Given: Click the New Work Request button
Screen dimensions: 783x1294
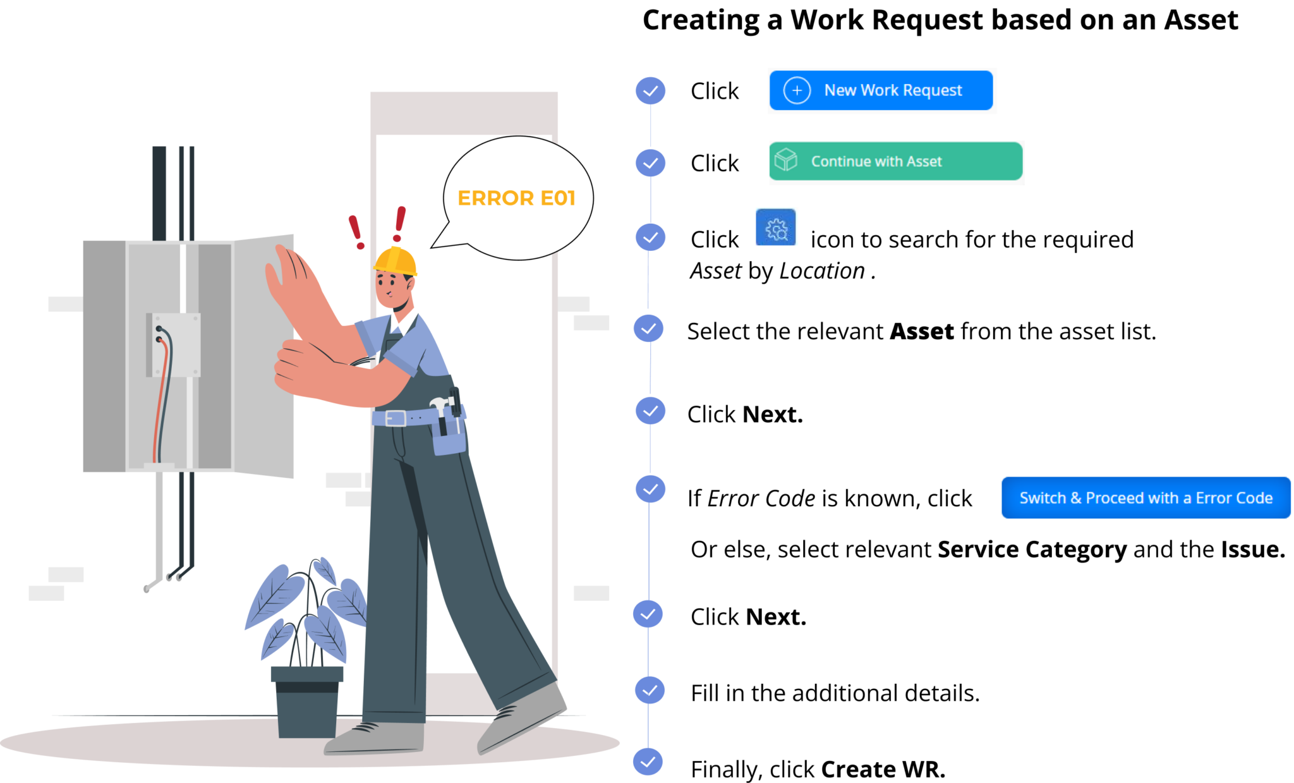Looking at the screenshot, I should tap(881, 90).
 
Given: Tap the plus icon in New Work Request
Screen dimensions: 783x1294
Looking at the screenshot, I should tap(797, 90).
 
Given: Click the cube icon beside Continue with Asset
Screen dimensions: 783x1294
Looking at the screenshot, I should tap(786, 159).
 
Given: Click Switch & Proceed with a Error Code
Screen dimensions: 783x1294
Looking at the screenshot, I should tap(1146, 498).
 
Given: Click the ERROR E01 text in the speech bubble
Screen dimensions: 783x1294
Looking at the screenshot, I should tap(516, 198).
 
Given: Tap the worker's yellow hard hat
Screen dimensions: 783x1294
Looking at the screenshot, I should tap(396, 260).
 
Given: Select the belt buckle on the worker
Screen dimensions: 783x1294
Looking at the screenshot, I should tap(396, 418).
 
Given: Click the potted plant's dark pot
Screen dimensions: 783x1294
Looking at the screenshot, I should tap(307, 701).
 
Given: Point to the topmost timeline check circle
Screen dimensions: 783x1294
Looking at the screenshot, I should tap(650, 91).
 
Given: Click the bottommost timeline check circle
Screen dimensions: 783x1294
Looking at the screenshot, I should tap(648, 762).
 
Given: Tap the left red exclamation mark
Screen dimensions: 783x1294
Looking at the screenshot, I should tap(356, 231).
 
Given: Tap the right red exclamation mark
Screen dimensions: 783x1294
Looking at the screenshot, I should tap(399, 223).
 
